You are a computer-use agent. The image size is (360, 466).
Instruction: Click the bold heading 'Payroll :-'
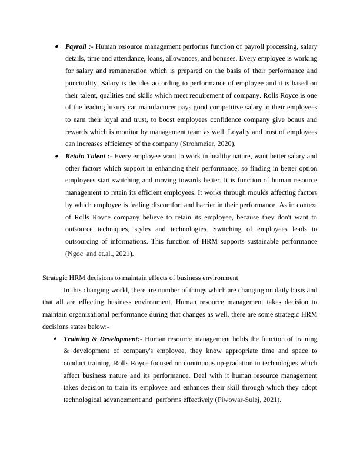click(x=79, y=46)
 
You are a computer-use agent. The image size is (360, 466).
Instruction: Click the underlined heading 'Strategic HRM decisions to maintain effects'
click(x=140, y=278)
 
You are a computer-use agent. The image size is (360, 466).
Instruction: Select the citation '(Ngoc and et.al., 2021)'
click(x=99, y=254)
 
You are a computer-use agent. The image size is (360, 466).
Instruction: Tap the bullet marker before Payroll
click(x=56, y=46)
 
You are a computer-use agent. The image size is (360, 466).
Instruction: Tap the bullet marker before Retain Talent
click(x=56, y=156)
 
